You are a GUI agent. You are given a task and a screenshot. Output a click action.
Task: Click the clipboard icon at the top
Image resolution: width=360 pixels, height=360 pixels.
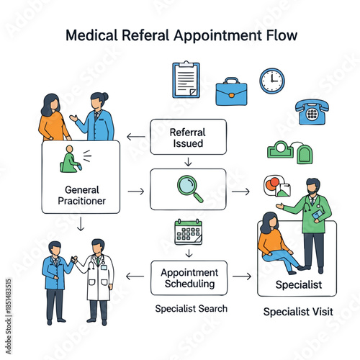point(186,79)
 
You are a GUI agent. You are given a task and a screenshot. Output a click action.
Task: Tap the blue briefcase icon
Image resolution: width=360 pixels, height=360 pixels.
point(230,91)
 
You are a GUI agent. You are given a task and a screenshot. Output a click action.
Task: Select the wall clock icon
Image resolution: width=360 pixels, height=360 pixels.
point(271,81)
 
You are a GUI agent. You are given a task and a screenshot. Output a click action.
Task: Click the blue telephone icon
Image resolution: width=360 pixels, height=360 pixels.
point(311,112)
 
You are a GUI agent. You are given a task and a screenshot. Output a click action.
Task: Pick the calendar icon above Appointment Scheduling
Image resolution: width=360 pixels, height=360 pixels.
point(188,232)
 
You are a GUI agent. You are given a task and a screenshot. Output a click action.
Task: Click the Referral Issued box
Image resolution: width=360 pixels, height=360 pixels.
point(187,138)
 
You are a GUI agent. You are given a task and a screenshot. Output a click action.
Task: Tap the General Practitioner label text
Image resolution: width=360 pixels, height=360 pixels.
point(80,195)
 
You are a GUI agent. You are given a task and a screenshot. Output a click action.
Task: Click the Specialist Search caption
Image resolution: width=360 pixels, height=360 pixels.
point(192,308)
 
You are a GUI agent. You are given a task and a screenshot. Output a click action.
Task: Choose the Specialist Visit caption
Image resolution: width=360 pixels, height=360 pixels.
point(297,312)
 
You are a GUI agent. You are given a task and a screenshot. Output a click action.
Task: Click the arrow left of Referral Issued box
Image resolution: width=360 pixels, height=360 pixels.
point(134,137)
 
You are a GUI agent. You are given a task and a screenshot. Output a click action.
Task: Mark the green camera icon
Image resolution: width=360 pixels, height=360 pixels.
point(280,150)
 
